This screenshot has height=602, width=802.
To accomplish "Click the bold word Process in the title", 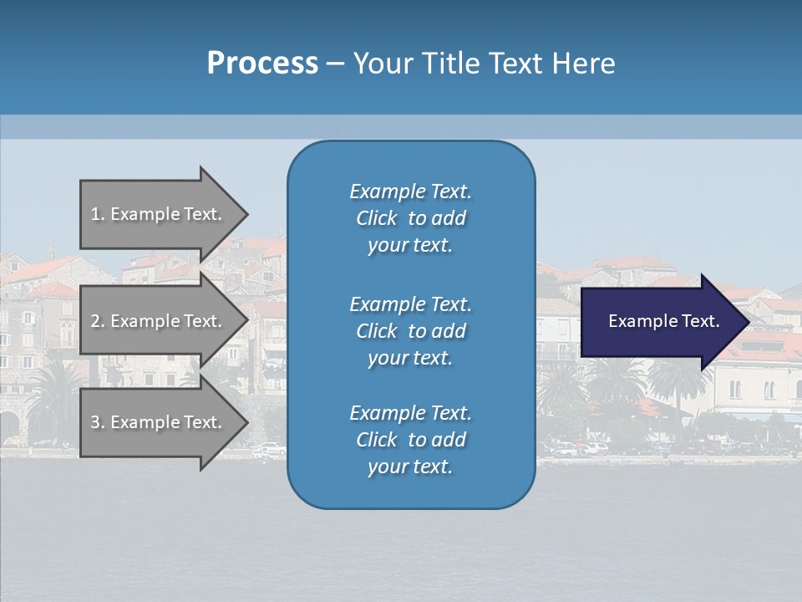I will pyautogui.click(x=262, y=64).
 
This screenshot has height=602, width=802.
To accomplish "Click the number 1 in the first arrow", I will pyautogui.click(x=95, y=214).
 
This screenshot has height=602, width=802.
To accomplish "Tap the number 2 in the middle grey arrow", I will pyautogui.click(x=95, y=321).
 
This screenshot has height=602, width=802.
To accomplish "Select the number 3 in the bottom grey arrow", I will pyautogui.click(x=95, y=422).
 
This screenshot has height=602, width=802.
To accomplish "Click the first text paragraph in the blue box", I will pyautogui.click(x=410, y=218).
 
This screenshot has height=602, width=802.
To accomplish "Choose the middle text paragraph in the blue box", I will pyautogui.click(x=410, y=331).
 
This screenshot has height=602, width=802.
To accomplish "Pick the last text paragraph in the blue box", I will pyautogui.click(x=410, y=440).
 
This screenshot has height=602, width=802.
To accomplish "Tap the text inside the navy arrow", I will pyautogui.click(x=664, y=321).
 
